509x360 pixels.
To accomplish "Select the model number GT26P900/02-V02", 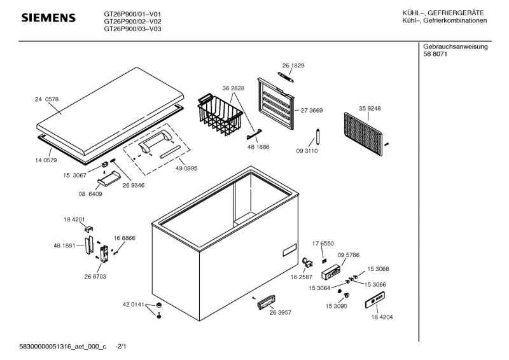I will [132, 21].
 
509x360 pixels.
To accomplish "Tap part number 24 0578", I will [46, 99].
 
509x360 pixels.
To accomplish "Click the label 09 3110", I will [307, 151].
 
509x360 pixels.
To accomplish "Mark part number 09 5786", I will [349, 255].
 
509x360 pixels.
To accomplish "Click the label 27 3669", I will [312, 110].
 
